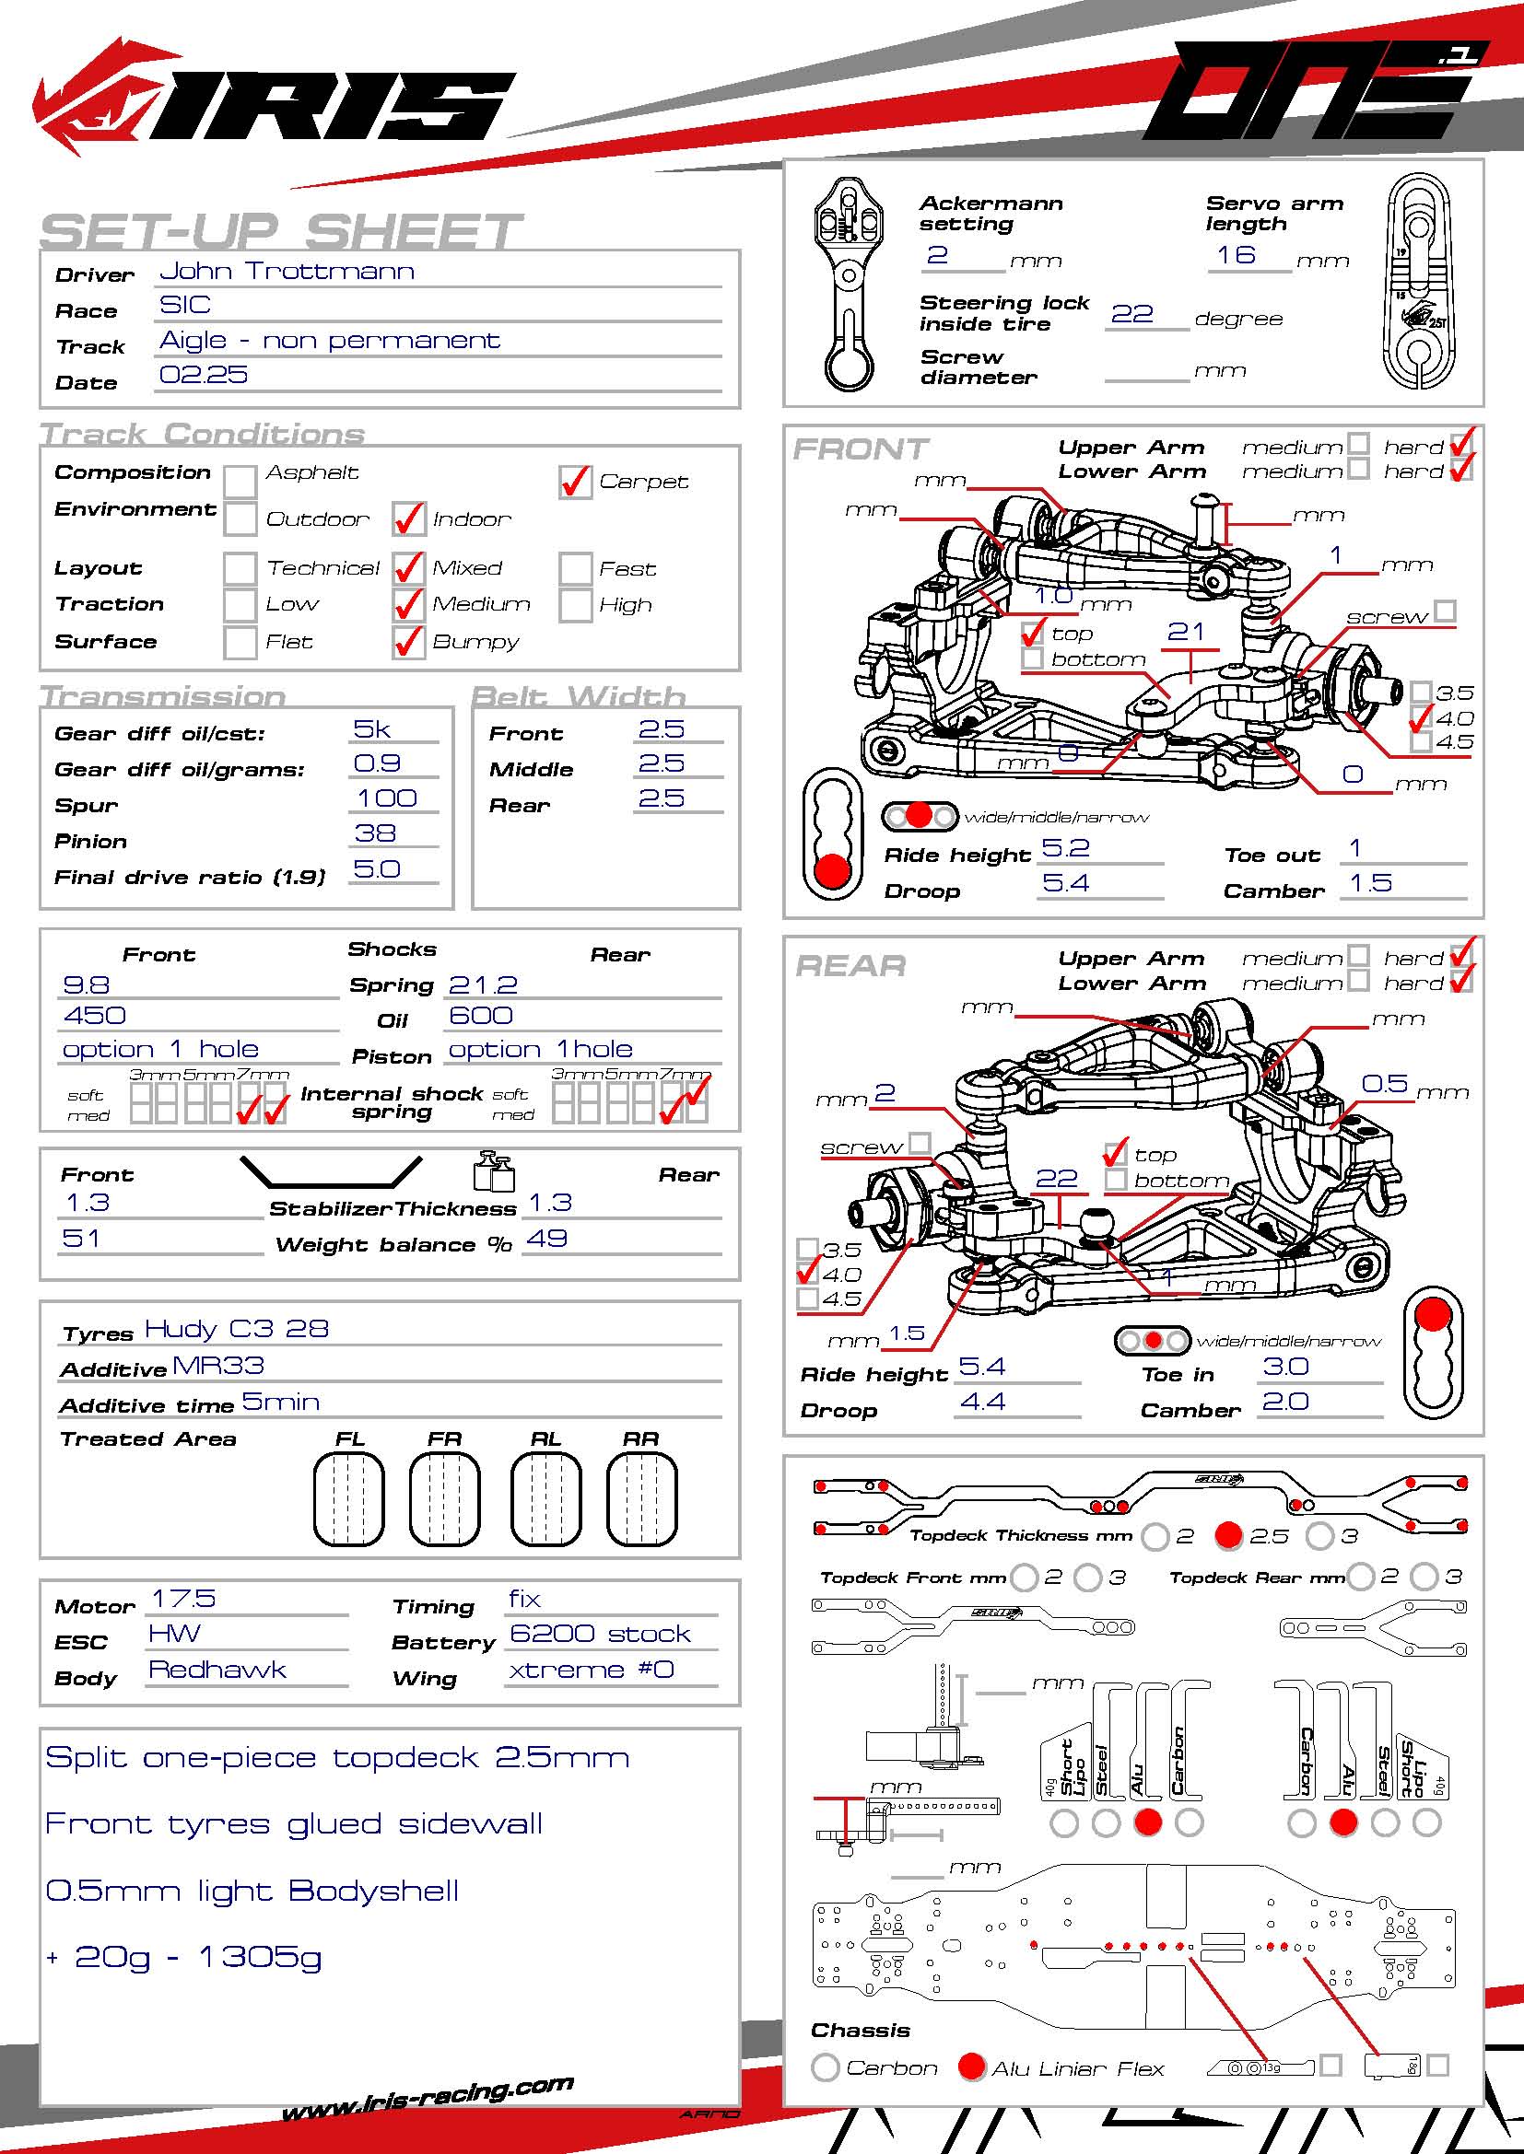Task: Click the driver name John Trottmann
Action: tap(287, 272)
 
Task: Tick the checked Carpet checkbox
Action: tap(574, 483)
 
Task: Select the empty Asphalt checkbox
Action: tap(240, 482)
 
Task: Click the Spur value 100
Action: tap(387, 798)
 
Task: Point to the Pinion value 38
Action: tap(374, 833)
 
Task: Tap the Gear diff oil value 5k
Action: tap(371, 730)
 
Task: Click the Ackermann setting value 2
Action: tap(936, 255)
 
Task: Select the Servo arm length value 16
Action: tap(1235, 255)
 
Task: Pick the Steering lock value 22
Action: tap(1131, 314)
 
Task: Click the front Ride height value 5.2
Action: tap(1065, 848)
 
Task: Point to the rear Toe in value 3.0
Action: tap(1284, 1366)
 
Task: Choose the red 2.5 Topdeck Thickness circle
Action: tap(1228, 1536)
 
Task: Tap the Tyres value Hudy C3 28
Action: tap(237, 1329)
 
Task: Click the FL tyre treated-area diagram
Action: tap(349, 1498)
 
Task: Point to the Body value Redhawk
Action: tap(217, 1670)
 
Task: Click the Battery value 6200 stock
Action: tap(600, 1635)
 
